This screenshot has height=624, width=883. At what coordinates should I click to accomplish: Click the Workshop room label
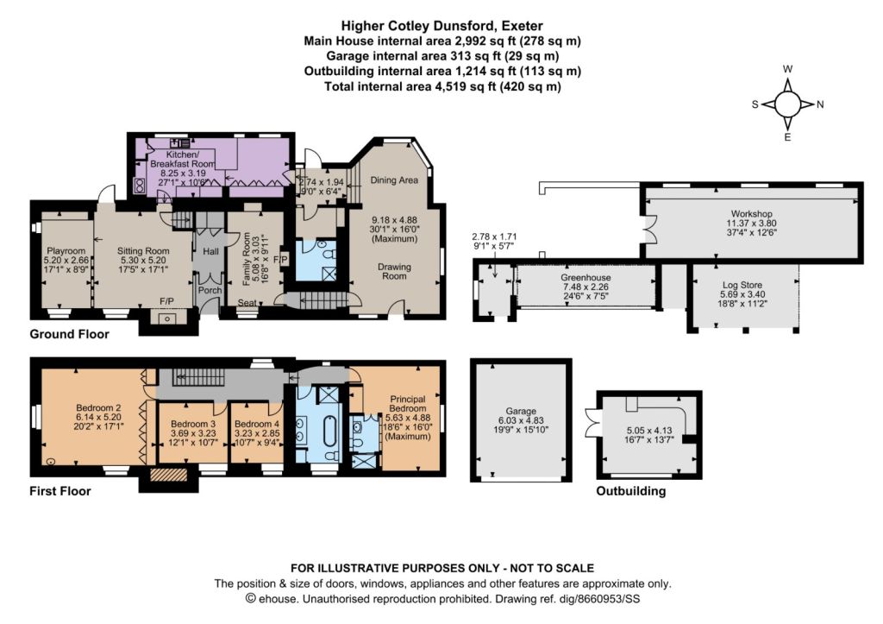[751, 214]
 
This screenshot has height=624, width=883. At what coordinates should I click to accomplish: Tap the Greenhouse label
[586, 278]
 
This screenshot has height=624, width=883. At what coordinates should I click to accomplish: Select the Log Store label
[742, 285]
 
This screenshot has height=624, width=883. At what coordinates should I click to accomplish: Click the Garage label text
[521, 412]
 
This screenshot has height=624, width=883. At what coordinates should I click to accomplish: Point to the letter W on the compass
[788, 69]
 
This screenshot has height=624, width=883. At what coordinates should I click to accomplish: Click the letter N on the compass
[820, 104]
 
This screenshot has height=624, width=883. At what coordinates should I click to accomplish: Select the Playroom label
[66, 251]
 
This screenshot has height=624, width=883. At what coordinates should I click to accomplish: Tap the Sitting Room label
[143, 251]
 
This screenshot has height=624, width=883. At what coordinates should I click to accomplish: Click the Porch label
[210, 290]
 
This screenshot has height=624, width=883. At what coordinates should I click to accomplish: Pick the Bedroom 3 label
[193, 424]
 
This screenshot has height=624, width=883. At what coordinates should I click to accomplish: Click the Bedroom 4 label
[257, 424]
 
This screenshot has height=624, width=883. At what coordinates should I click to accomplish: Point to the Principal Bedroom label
[408, 404]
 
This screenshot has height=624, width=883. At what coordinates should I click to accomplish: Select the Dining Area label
[394, 180]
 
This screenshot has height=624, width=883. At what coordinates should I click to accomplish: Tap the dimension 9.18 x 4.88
[394, 220]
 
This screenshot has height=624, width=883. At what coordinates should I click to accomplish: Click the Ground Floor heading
[69, 334]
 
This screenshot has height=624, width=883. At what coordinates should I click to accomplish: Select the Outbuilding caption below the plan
[630, 491]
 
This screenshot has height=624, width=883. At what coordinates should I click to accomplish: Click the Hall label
[210, 251]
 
